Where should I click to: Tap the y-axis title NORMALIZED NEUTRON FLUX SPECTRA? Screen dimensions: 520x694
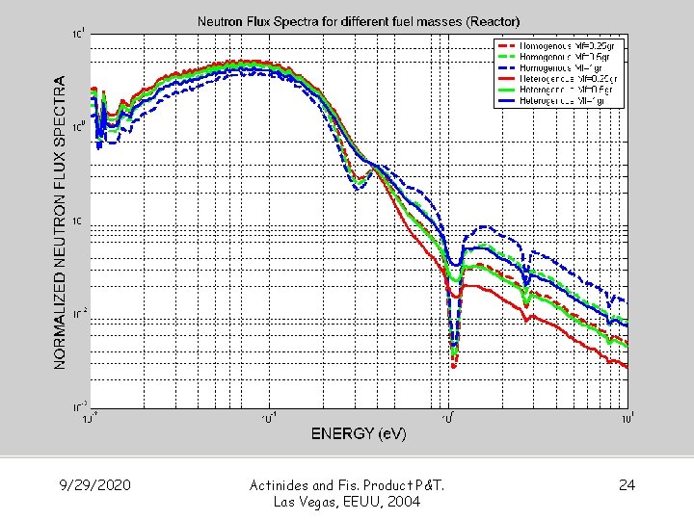tap(61, 222)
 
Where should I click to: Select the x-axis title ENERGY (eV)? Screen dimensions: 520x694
tap(359, 433)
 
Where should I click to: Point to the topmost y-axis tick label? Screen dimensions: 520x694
tap(81, 35)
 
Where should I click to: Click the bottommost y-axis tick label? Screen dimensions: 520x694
tap(81, 405)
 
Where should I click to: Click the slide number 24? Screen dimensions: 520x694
tap(627, 484)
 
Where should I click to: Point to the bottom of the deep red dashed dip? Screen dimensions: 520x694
tap(454, 365)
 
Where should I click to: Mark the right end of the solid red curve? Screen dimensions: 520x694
tap(627, 367)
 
